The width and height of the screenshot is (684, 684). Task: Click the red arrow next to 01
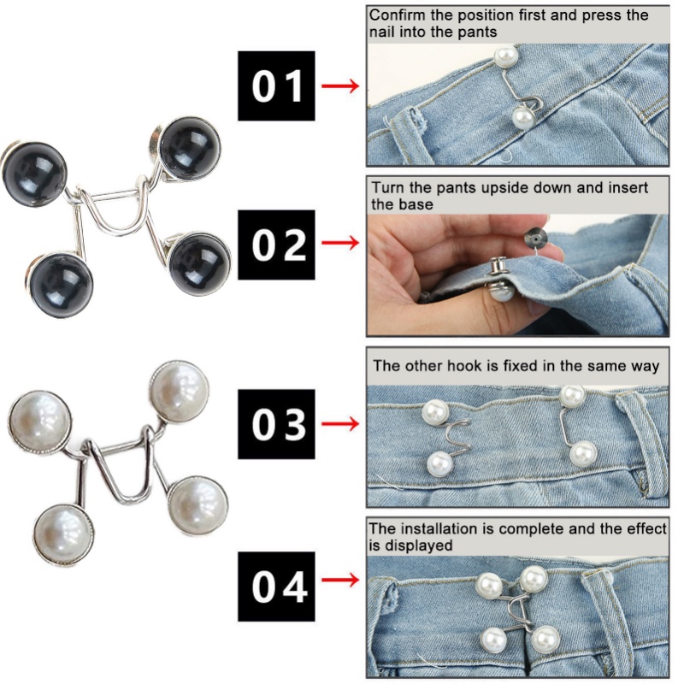[x=340, y=86]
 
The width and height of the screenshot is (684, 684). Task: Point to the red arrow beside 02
[x=340, y=245]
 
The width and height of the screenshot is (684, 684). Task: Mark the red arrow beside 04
[x=340, y=586]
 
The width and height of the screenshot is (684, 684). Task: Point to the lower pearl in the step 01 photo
[x=522, y=116]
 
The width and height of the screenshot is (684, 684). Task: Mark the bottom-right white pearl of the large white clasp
[x=197, y=504]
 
